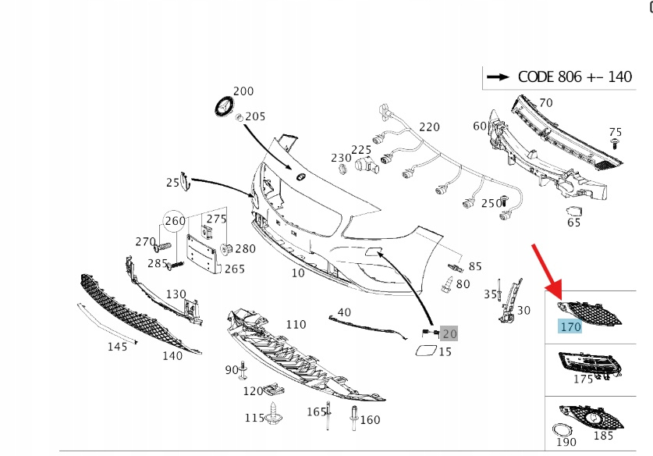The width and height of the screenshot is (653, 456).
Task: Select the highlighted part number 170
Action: click(570, 327)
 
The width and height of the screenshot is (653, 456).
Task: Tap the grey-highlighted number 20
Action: click(449, 333)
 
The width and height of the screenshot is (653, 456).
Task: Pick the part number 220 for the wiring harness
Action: click(429, 127)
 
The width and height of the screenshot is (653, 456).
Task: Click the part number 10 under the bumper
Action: click(298, 273)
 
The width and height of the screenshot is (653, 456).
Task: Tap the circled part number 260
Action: click(176, 221)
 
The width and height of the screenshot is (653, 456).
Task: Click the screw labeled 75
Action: click(616, 145)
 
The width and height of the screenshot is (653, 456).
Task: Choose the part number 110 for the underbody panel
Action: click(296, 324)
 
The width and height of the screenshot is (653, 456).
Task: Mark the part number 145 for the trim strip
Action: click(117, 347)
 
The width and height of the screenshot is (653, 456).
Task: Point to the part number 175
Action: click(582, 379)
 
